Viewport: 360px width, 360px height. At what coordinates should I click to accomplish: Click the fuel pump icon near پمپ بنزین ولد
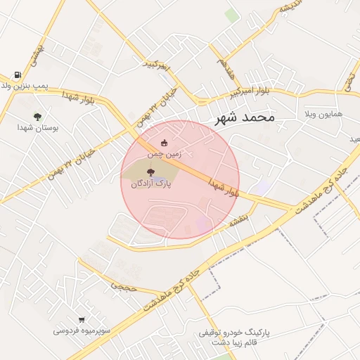click(x=17, y=75)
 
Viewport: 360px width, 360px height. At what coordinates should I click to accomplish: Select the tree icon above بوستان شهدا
click(x=37, y=117)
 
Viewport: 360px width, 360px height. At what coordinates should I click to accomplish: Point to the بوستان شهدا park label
click(x=39, y=129)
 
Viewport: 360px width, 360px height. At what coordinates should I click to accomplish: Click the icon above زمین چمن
click(x=165, y=143)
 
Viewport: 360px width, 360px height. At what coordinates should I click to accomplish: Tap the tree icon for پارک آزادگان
click(x=150, y=172)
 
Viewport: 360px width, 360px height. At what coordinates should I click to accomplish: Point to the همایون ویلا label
click(x=323, y=113)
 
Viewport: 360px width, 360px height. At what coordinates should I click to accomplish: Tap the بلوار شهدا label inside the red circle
click(x=224, y=188)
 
